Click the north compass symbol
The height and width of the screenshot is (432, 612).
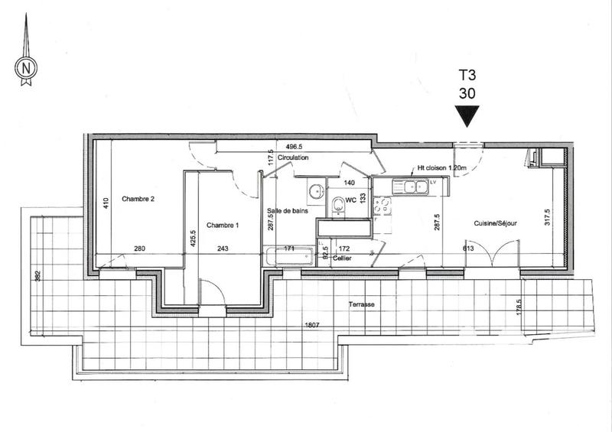[x=26, y=67]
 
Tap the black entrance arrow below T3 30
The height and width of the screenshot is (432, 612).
[x=466, y=116]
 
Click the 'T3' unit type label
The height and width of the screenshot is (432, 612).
[x=467, y=76]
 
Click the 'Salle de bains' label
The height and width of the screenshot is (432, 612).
[x=288, y=211]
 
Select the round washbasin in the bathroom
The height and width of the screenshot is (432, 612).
[x=314, y=190]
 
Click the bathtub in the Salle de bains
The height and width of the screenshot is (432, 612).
[x=288, y=256]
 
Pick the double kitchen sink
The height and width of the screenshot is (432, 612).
[x=409, y=185]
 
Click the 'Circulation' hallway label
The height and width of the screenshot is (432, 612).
[x=293, y=158]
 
